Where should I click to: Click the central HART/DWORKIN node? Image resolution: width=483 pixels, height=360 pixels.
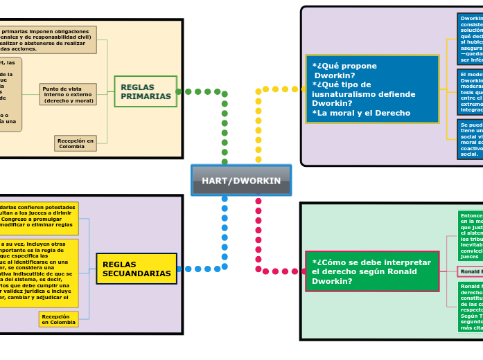pos(241,181)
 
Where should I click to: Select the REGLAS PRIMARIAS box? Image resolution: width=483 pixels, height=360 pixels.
pos(146,91)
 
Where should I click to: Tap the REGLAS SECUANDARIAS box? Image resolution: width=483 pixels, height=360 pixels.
pos(137,269)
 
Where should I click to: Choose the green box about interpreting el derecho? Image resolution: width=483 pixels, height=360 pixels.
pos(372,271)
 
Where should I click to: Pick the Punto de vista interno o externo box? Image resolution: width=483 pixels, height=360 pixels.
pos(68,94)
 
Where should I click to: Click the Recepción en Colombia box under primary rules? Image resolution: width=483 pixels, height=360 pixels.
pos(76,143)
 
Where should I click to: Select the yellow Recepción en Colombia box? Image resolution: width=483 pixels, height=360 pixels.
pos(58,319)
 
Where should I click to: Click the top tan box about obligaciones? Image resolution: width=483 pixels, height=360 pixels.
pos(49,39)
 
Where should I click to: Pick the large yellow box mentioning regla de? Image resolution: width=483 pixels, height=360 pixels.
pos(39,273)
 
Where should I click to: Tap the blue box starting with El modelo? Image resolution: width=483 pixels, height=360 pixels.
pos(470,92)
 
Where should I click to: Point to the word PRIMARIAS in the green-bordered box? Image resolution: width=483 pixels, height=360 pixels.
pos(146,96)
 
